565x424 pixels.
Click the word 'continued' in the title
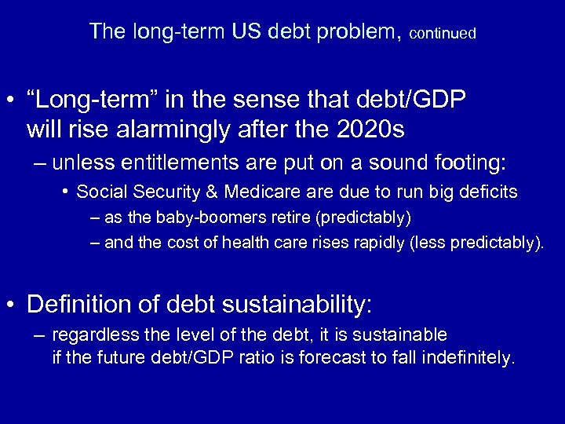[443, 34]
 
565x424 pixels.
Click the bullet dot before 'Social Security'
[67, 191]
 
